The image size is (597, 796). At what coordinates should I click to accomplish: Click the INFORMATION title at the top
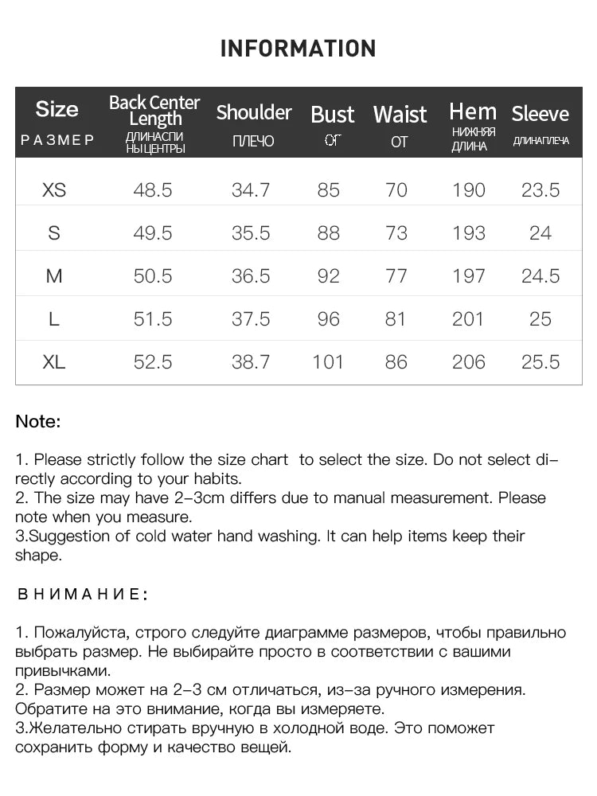(x=298, y=49)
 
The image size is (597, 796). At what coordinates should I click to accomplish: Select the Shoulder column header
(x=254, y=112)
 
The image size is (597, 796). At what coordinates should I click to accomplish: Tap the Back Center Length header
(x=154, y=111)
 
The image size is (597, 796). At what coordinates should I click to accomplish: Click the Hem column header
(x=472, y=111)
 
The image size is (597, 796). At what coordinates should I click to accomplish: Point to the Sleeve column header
(x=540, y=114)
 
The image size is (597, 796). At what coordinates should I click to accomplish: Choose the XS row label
(x=54, y=190)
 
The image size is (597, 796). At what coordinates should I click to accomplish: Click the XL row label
(x=54, y=362)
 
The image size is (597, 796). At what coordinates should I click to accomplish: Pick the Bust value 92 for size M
(x=328, y=276)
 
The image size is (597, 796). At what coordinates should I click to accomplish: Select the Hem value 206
(x=468, y=362)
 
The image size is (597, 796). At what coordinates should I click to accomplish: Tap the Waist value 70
(x=396, y=190)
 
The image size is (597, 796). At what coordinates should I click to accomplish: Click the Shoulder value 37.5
(x=251, y=319)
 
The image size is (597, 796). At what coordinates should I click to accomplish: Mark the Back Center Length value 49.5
(x=153, y=233)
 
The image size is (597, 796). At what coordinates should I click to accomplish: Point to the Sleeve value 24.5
(x=540, y=276)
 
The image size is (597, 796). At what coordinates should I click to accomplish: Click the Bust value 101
(x=328, y=362)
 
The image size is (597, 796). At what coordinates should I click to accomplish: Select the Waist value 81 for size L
(x=396, y=319)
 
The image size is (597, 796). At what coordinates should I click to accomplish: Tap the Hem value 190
(x=468, y=190)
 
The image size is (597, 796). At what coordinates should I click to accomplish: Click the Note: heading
(x=38, y=422)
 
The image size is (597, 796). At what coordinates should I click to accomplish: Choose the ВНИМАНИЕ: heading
(x=82, y=595)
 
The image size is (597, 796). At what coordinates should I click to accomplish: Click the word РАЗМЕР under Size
(x=57, y=140)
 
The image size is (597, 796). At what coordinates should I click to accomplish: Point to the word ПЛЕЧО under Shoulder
(x=253, y=142)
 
